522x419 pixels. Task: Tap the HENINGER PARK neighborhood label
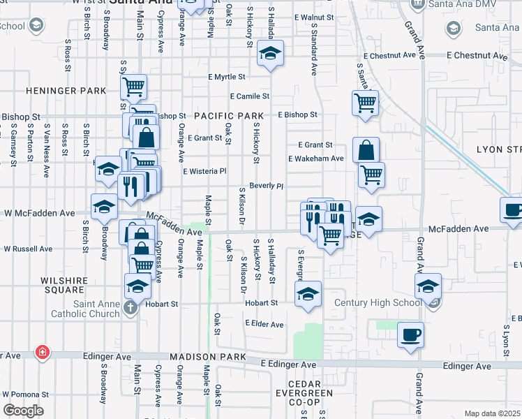coord(66,91)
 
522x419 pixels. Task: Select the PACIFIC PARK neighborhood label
coord(229,115)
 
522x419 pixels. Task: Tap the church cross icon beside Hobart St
coord(130,308)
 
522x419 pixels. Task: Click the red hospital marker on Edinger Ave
coord(43,353)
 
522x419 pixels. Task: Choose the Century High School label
coord(378,302)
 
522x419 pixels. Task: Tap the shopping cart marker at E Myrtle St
coord(133,87)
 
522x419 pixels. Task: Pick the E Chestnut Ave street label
coord(477,55)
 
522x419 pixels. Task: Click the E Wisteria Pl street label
coord(205,171)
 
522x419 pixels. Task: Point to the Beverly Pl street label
coord(266,186)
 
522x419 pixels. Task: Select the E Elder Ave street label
coord(264,324)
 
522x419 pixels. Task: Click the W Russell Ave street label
coord(28,248)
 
